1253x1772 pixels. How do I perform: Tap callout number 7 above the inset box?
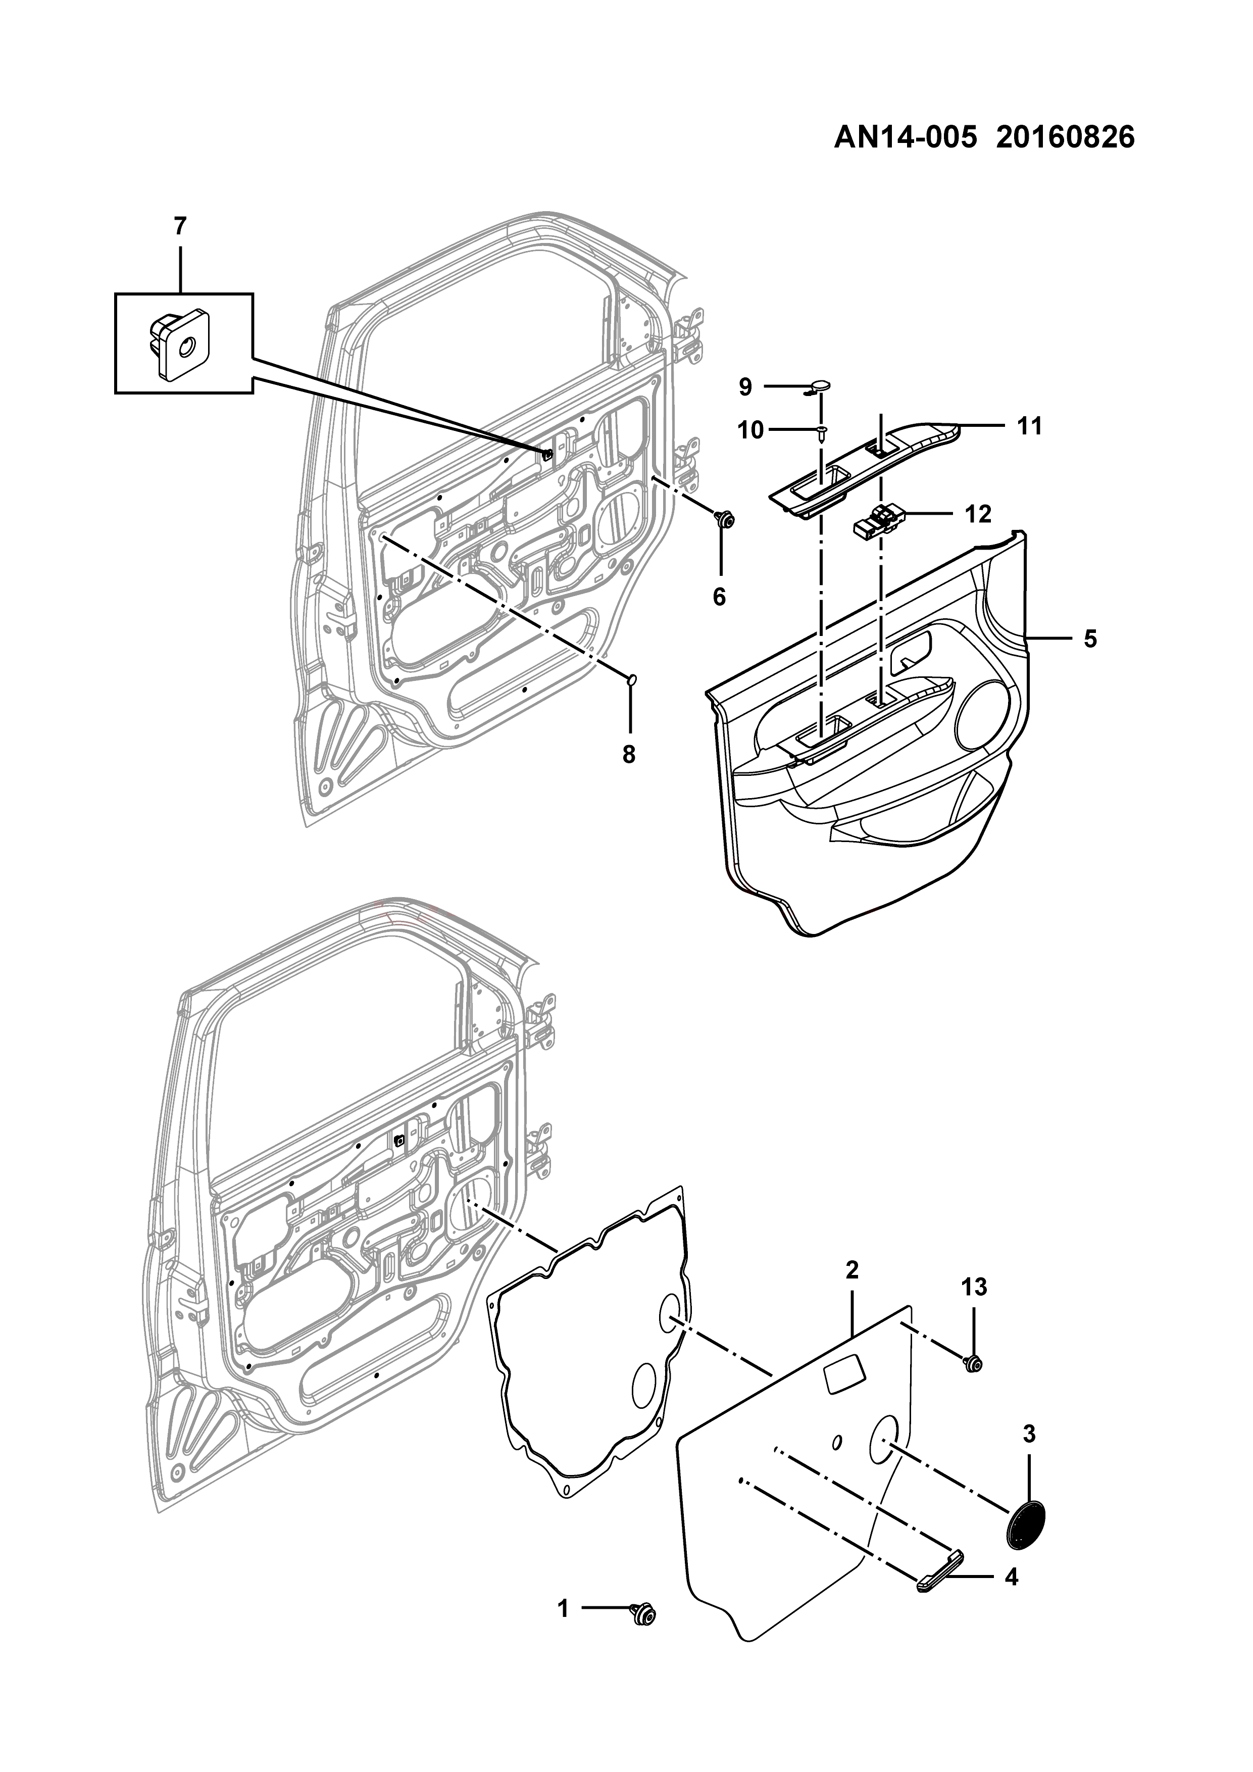[x=180, y=226]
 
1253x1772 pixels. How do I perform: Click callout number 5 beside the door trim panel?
[x=1089, y=638]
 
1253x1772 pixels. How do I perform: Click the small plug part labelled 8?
[x=631, y=679]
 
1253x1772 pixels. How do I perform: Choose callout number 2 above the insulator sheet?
[x=852, y=1269]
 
